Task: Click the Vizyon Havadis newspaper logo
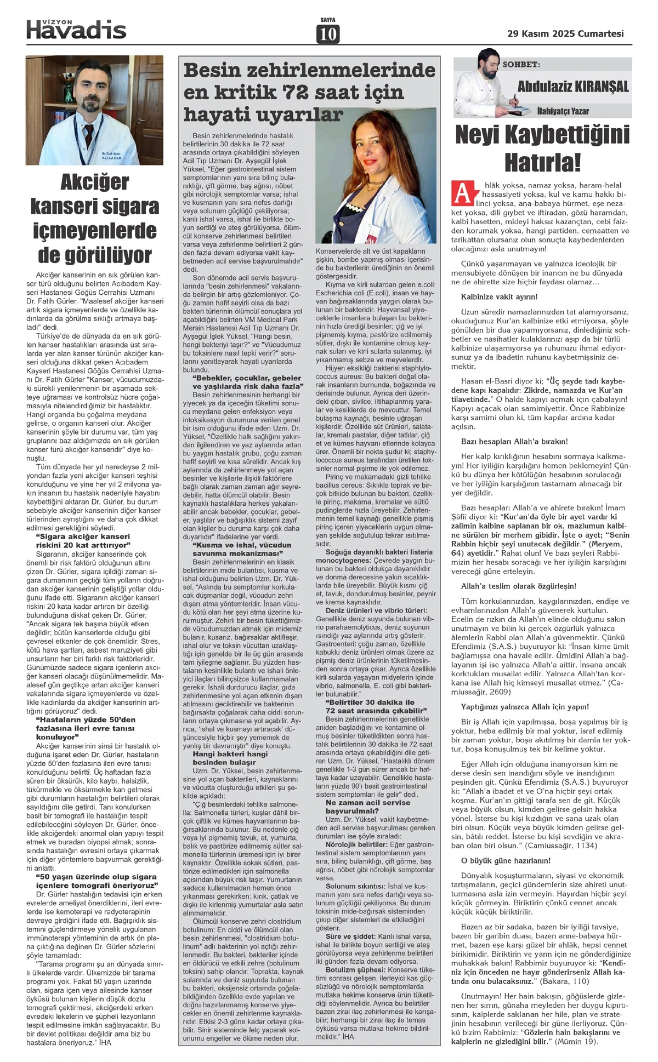click(x=76, y=28)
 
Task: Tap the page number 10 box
click(x=327, y=34)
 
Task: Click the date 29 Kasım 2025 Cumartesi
click(x=565, y=33)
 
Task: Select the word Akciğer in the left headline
click(x=94, y=182)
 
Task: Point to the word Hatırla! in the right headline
click(x=542, y=162)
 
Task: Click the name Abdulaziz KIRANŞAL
click(x=573, y=87)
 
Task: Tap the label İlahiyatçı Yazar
click(x=563, y=111)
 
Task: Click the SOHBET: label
click(x=521, y=65)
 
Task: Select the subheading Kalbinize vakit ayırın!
click(x=500, y=296)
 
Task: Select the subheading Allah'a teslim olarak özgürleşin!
click(x=518, y=586)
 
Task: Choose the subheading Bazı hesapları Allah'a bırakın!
click(x=514, y=441)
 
